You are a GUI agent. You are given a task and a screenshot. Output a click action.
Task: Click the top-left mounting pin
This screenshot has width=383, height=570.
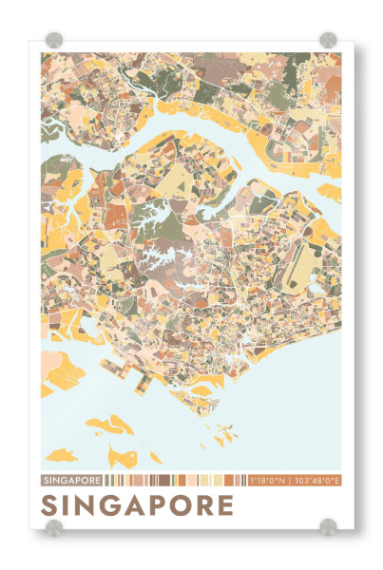(x=54, y=40)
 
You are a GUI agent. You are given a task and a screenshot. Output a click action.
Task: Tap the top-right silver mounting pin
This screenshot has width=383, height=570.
(x=328, y=40)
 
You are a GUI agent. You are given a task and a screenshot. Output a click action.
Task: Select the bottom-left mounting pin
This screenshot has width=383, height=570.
(x=54, y=527)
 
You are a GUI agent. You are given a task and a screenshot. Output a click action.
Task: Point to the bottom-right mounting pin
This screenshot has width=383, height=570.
(x=328, y=527)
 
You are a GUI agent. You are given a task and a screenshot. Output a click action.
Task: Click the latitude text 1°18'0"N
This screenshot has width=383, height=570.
(x=269, y=480)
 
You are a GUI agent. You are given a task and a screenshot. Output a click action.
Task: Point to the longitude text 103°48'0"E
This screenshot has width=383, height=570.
(x=317, y=480)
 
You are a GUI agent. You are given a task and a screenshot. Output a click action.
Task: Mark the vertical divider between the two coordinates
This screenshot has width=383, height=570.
(x=291, y=480)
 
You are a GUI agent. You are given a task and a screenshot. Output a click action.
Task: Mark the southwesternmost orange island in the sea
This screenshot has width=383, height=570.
(x=61, y=454)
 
